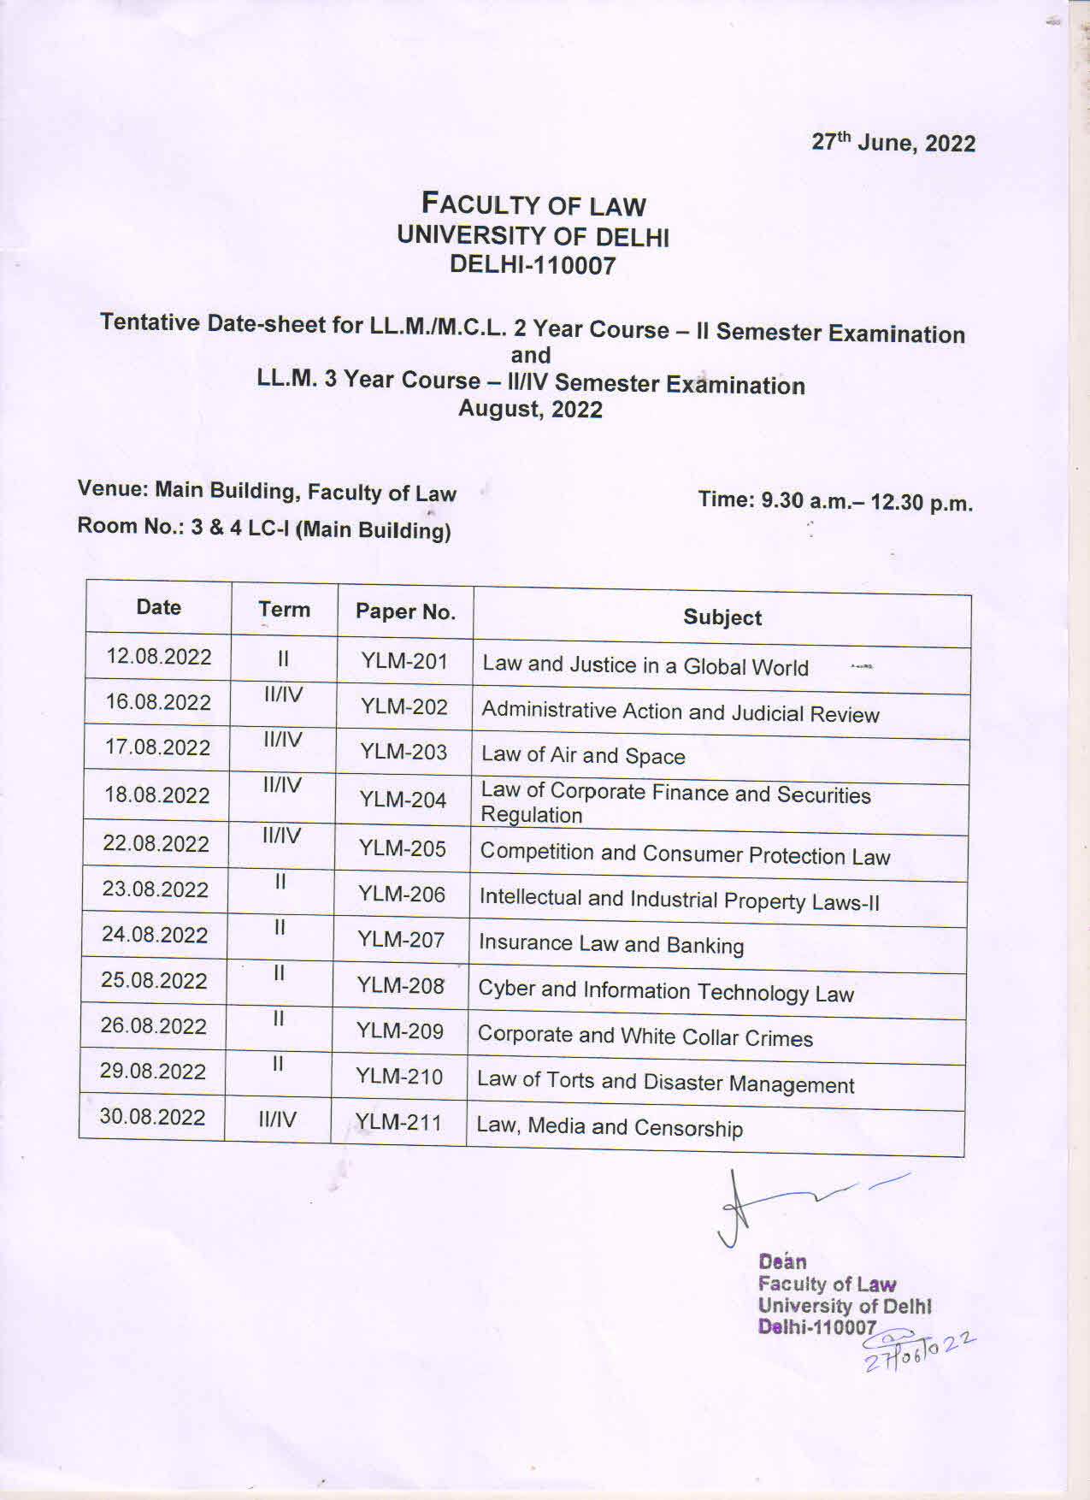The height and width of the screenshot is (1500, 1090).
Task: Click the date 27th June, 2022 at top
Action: [893, 142]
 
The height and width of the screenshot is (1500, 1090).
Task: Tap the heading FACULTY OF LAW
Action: [533, 204]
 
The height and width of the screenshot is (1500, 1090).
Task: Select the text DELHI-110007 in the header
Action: [533, 265]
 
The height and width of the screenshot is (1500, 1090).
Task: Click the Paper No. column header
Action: [405, 611]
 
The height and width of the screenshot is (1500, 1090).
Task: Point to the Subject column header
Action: [722, 617]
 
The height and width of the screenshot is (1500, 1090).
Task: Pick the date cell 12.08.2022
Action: [159, 657]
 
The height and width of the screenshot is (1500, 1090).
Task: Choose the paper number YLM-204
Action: [403, 800]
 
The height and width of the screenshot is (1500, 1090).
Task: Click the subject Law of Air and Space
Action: [583, 755]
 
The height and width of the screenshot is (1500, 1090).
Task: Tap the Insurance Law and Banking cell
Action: [611, 944]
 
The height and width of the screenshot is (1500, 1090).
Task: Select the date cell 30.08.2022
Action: [152, 1117]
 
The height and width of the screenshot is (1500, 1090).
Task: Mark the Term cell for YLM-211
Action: [278, 1119]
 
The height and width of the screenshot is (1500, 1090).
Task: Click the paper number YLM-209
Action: [400, 1031]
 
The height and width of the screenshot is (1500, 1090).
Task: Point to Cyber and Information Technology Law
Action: [666, 992]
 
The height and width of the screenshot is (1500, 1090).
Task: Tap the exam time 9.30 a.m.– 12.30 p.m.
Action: [835, 501]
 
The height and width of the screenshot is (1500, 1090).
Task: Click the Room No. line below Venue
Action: [264, 529]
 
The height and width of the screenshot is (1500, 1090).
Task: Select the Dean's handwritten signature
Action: [787, 1202]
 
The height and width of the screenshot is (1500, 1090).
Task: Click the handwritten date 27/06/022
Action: [919, 1349]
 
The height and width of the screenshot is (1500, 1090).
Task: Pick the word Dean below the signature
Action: [782, 1261]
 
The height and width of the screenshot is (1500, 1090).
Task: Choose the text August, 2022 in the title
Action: [530, 409]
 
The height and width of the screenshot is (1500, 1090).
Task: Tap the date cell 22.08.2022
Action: [156, 843]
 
